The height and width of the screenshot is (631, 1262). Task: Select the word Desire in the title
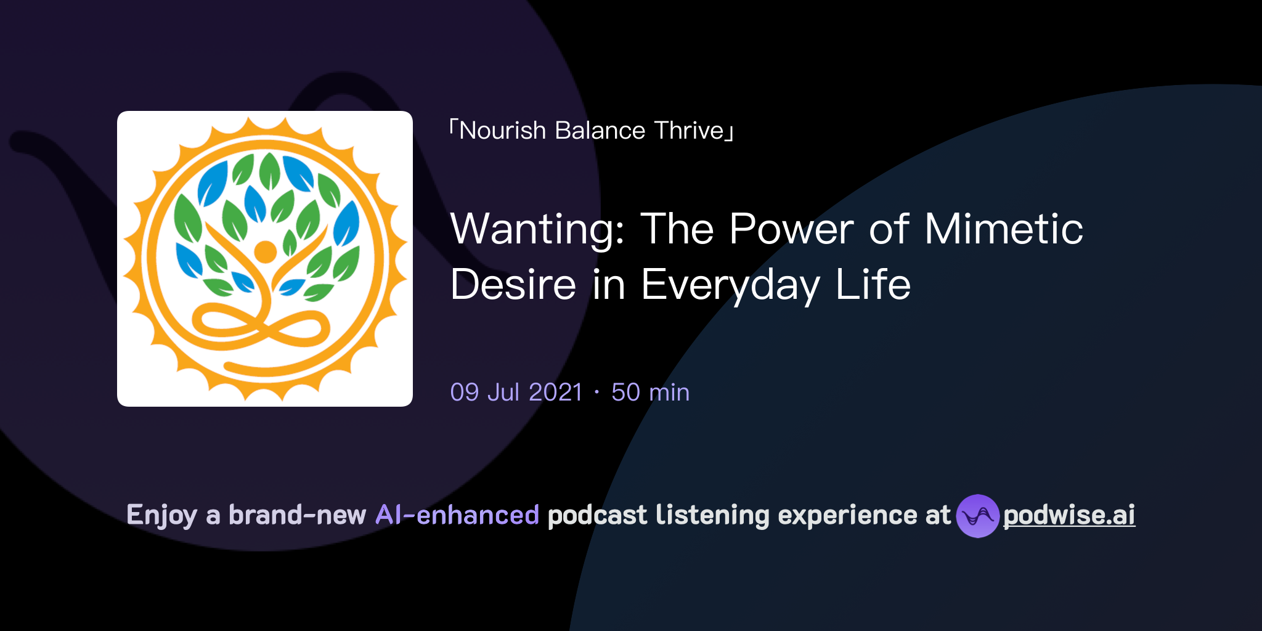point(513,285)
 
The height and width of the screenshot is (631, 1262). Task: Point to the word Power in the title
point(791,229)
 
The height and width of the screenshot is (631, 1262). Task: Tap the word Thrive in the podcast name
point(688,131)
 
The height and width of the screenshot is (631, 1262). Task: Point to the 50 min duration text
point(650,393)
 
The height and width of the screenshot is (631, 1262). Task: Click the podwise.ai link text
point(1069,516)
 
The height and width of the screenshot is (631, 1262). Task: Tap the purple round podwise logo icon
point(977,516)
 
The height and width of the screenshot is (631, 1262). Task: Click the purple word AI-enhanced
point(457,515)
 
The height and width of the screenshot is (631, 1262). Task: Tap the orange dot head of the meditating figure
point(265,251)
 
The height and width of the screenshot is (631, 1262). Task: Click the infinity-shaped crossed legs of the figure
point(259,325)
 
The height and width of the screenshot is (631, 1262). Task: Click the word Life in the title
point(873,285)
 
